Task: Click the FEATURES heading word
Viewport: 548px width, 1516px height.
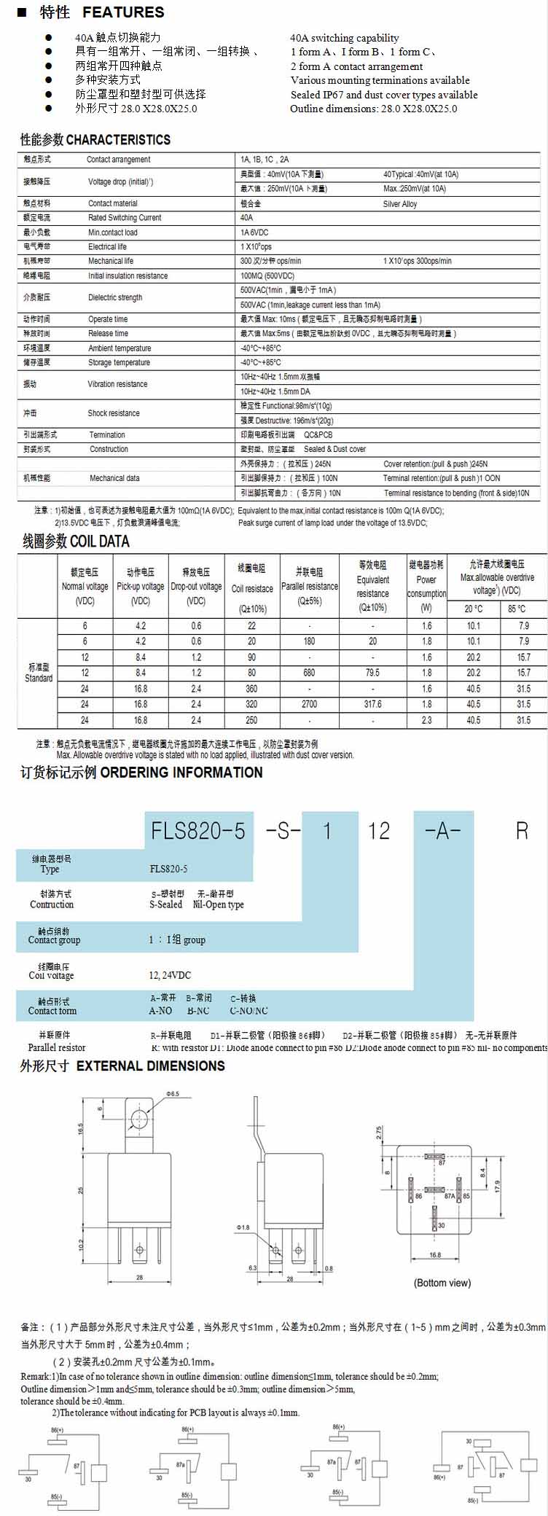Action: [x=123, y=12]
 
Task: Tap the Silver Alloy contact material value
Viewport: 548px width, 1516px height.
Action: [x=400, y=204]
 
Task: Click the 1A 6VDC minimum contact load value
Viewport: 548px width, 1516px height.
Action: [x=254, y=233]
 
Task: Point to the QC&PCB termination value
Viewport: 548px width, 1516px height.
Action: [x=318, y=434]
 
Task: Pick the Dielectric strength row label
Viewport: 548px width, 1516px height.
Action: [x=115, y=297]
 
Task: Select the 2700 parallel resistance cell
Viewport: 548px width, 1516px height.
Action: [x=309, y=704]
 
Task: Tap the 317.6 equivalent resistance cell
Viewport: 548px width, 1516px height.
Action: [x=372, y=704]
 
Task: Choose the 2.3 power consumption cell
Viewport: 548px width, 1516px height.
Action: [x=426, y=720]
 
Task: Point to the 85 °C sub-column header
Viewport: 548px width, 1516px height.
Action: [x=517, y=609]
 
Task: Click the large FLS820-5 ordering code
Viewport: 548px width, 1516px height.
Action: [x=197, y=830]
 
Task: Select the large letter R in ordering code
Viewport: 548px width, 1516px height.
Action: [x=522, y=830]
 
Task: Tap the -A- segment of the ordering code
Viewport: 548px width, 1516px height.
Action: [x=442, y=830]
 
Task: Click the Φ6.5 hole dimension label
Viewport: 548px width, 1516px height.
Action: [x=172, y=1094]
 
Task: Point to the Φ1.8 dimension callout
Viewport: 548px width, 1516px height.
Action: [x=243, y=1227]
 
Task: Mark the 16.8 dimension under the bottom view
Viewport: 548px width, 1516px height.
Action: [x=435, y=1255]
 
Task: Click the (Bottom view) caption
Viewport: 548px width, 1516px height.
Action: [x=442, y=1283]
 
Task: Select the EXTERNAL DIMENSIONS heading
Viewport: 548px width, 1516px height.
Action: [x=150, y=1066]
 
